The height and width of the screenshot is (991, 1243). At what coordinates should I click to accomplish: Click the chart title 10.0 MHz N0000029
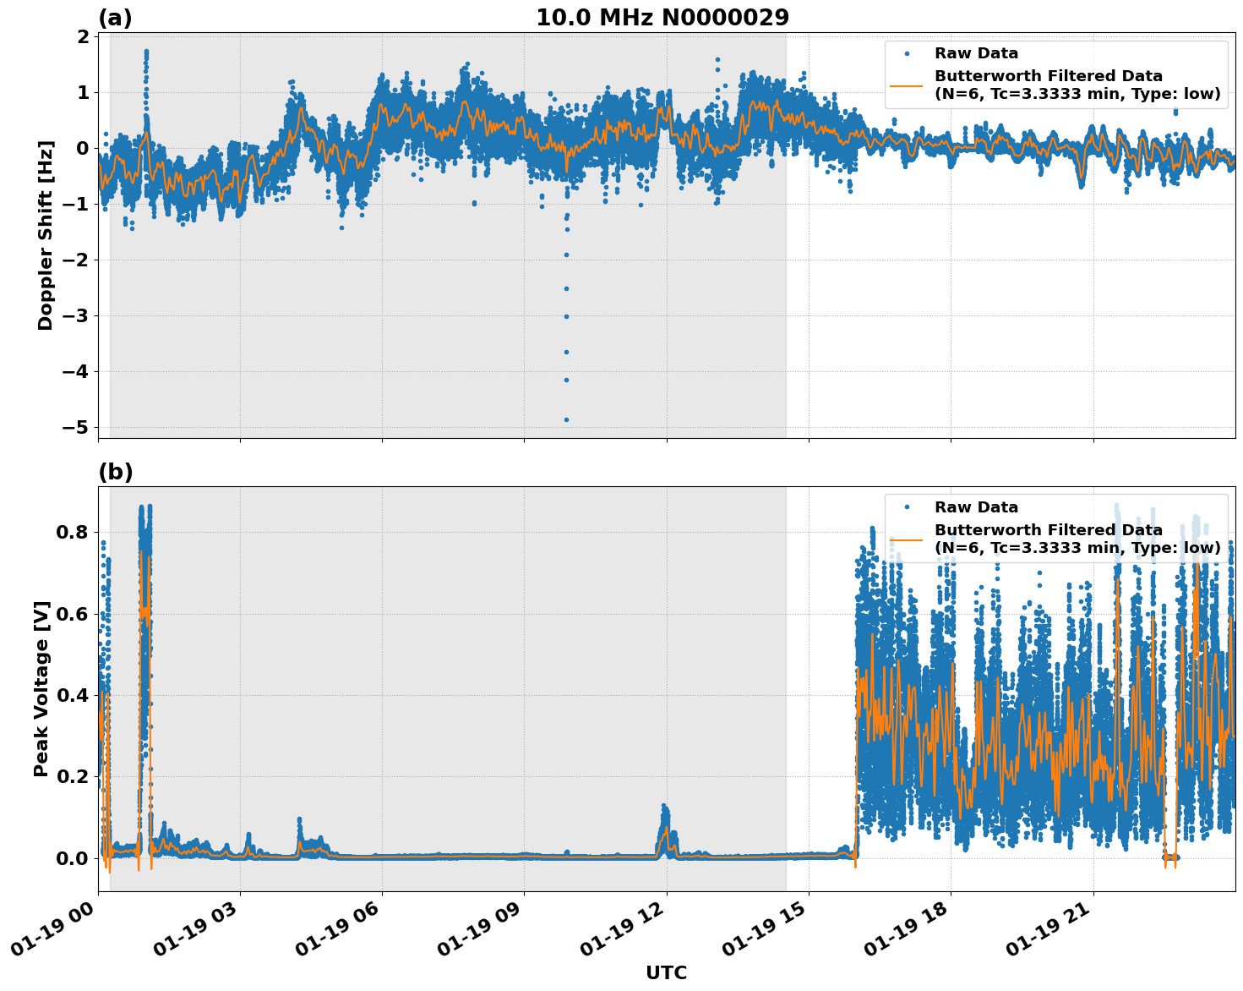pos(662,18)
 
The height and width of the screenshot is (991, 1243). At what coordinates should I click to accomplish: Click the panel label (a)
pos(115,18)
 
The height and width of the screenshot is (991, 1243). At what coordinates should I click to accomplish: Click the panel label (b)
pos(116,472)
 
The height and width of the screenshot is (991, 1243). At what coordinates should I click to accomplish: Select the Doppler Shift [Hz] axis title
pos(46,235)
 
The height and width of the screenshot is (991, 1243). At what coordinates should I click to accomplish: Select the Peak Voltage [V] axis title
pos(41,688)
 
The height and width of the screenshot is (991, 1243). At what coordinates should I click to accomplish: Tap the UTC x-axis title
pos(666,972)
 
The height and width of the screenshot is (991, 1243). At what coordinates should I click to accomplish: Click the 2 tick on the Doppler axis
pos(83,36)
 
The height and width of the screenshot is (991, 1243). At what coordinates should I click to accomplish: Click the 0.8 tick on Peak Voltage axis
pos(70,532)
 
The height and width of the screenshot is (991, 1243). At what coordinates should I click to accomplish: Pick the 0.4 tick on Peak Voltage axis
pos(70,695)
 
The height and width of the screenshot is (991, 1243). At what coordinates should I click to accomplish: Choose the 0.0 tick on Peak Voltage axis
pos(70,858)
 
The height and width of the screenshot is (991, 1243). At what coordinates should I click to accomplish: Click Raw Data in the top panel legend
pos(976,53)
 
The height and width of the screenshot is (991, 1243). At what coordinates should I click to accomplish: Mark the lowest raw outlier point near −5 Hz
pos(566,419)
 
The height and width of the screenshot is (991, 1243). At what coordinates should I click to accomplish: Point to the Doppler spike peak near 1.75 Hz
pos(146,52)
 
